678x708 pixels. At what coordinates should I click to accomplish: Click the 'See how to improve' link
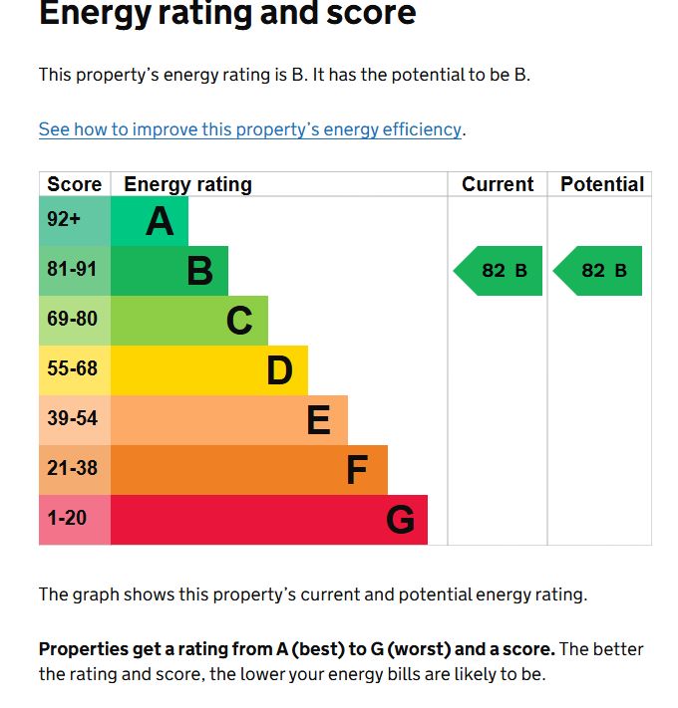click(249, 129)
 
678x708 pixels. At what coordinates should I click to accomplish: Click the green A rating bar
click(149, 221)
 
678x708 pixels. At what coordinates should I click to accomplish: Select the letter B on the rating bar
click(199, 271)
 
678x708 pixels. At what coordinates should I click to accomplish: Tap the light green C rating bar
click(188, 321)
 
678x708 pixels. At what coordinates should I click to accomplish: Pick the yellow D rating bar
click(208, 370)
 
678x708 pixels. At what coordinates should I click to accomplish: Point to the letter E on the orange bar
click(318, 420)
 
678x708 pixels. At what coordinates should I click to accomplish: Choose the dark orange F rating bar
click(248, 470)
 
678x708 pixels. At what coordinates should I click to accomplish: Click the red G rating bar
click(268, 520)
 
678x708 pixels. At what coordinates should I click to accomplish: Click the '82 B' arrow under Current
click(500, 271)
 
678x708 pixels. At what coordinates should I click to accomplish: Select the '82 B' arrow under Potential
click(599, 271)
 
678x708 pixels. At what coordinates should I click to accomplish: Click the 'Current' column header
click(498, 184)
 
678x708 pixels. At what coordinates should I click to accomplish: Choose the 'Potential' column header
click(601, 184)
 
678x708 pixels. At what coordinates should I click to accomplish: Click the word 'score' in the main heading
click(365, 15)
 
